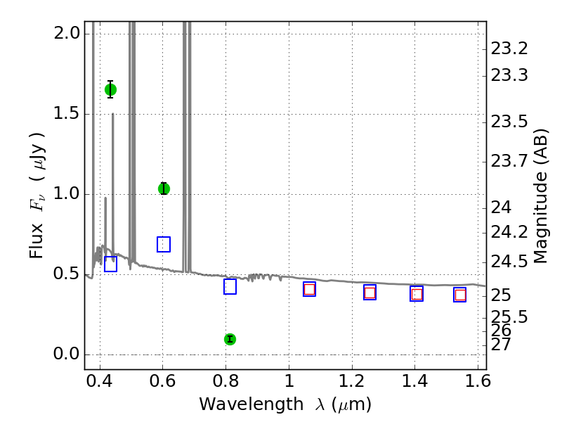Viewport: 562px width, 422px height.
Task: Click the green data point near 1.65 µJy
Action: [110, 89]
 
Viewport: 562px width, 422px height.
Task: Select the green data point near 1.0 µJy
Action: [164, 188]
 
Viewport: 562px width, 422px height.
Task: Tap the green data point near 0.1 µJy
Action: [230, 339]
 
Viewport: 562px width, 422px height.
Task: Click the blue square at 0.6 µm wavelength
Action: [164, 244]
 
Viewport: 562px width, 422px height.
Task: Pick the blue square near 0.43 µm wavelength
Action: [110, 264]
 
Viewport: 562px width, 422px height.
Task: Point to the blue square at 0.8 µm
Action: [230, 287]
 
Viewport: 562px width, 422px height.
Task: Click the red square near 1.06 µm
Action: [309, 289]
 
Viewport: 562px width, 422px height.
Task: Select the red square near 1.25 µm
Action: [370, 293]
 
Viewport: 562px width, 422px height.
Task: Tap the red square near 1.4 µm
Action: [417, 294]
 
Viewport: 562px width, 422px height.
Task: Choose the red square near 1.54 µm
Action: [460, 295]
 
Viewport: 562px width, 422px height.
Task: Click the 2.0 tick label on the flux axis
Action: [67, 33]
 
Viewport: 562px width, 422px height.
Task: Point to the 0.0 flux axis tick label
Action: [67, 354]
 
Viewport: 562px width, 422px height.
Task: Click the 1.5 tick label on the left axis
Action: [67, 113]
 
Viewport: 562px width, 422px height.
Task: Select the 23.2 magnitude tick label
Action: [509, 49]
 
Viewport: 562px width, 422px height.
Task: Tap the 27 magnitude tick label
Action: [501, 345]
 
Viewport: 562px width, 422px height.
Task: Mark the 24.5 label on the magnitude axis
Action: [509, 262]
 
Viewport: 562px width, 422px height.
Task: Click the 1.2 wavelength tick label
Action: [352, 381]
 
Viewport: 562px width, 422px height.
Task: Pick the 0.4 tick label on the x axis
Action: [100, 381]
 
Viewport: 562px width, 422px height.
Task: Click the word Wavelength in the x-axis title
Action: [251, 404]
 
